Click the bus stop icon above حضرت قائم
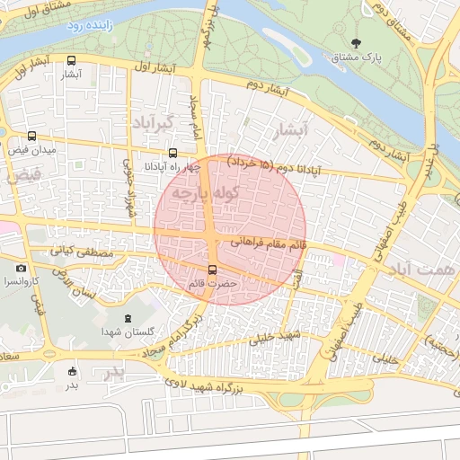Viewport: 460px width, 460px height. pos(213,270)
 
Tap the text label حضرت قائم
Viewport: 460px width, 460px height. pos(213,284)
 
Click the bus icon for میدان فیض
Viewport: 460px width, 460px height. pos(33,137)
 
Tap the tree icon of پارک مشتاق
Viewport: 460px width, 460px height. pos(358,43)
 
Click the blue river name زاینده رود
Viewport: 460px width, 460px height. pos(87,27)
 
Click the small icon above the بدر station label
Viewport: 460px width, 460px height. pos(72,371)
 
